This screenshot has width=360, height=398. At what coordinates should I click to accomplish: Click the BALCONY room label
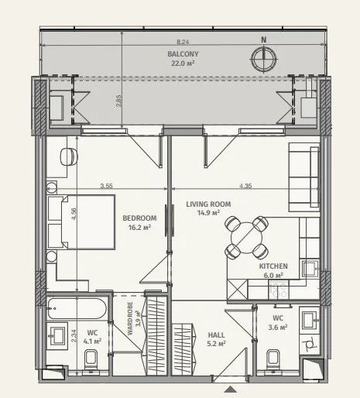coord(183,54)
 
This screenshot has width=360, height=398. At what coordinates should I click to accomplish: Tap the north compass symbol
coord(264,58)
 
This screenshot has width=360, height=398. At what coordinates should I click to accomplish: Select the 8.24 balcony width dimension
coord(183,42)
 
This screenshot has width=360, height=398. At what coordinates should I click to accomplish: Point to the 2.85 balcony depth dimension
coord(118,101)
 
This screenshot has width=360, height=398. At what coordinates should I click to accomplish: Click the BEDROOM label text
coord(139,218)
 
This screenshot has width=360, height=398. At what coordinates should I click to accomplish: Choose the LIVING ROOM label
coord(208,204)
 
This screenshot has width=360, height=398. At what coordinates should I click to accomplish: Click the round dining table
coord(247,238)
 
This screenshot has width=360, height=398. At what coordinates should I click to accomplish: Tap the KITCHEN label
coord(273,266)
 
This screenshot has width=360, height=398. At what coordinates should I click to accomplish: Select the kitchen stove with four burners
coord(279,290)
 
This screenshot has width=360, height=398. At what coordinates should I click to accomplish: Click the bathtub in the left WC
coord(77,308)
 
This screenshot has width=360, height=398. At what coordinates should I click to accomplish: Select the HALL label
coord(216,335)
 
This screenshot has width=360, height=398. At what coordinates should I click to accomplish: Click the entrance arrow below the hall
coord(231,389)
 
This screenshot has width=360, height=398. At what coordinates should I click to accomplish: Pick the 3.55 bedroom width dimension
coord(106,186)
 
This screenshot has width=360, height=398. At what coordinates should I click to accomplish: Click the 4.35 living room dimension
coord(245,186)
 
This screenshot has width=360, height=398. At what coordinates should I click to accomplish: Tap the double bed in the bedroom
coord(81,222)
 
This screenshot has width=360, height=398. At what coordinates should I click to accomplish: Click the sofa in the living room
coord(304,177)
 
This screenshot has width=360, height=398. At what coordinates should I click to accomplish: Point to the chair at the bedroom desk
coord(69,156)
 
